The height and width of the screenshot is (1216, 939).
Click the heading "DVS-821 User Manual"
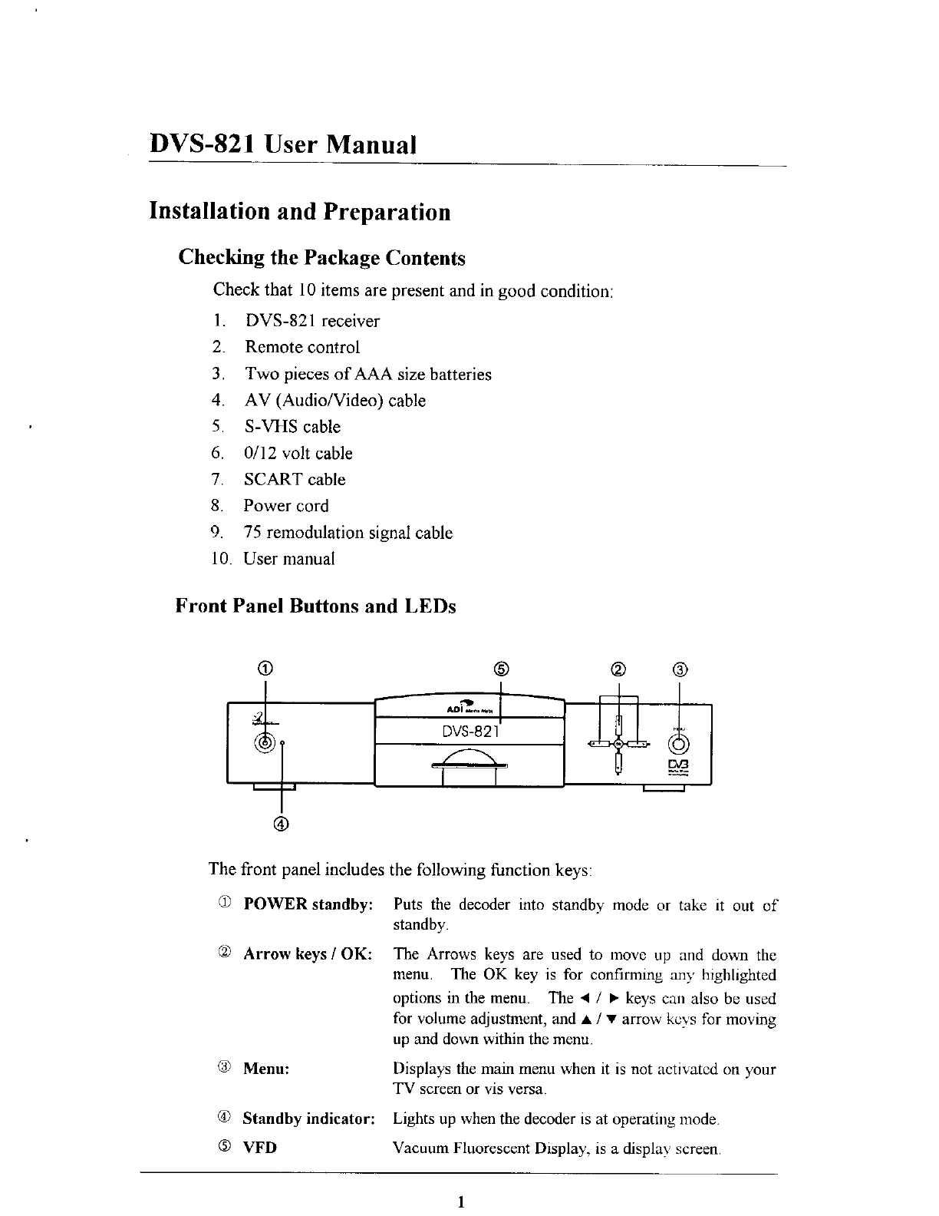tap(282, 144)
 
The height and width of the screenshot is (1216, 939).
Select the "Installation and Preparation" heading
tap(299, 211)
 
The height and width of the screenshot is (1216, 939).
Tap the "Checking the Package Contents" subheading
tap(321, 258)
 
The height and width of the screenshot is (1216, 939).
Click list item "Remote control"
tap(301, 347)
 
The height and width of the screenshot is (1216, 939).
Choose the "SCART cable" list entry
tap(295, 480)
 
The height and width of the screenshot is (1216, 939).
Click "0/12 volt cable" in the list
tap(298, 454)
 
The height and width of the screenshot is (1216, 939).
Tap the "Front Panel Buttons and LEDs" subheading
tap(316, 606)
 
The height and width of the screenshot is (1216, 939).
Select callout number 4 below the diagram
tap(282, 824)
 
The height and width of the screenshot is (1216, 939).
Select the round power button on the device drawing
tap(265, 742)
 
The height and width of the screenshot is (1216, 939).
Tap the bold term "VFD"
tap(260, 1148)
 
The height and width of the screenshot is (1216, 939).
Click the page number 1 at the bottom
tap(460, 1202)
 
